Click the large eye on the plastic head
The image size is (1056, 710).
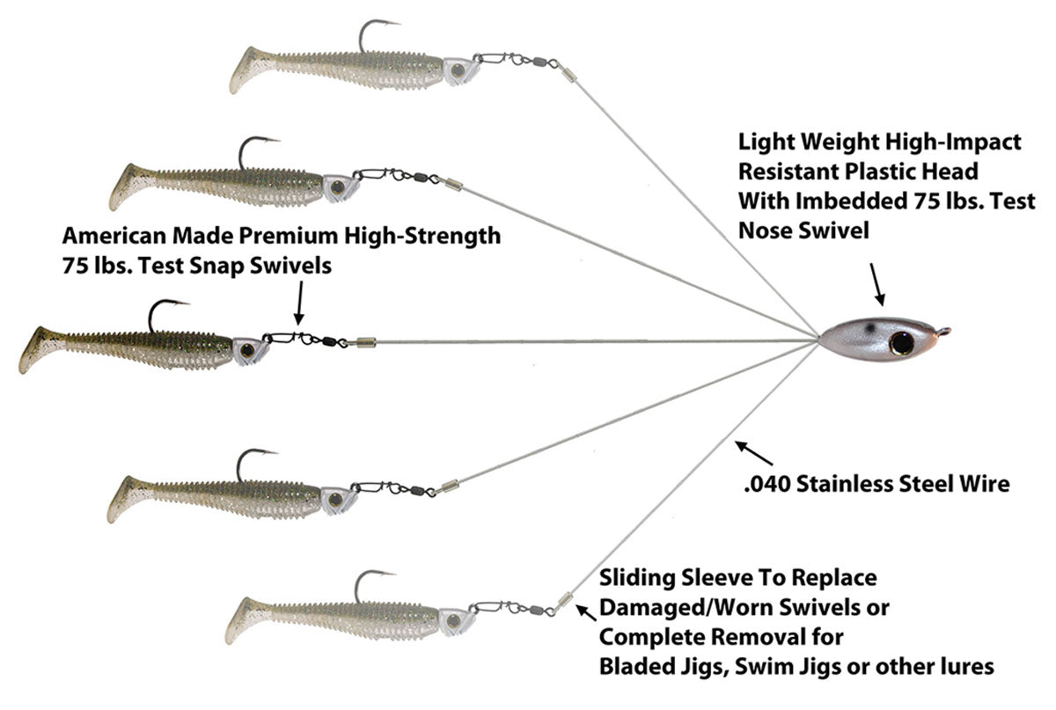point(901,344)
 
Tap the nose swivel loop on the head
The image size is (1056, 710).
point(943,332)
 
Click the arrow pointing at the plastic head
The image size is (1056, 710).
point(877,285)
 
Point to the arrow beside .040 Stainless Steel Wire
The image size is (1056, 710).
point(754,453)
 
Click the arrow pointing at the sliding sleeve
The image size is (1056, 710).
point(586,613)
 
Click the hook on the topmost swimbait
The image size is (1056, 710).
point(378,36)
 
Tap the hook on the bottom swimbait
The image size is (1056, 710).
point(373,587)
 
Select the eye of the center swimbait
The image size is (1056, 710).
point(247,350)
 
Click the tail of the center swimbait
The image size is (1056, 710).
point(42,349)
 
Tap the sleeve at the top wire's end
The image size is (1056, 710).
point(568,75)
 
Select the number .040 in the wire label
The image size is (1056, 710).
point(766,484)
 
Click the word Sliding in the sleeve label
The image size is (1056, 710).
point(638,578)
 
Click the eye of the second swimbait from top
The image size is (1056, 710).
point(338,187)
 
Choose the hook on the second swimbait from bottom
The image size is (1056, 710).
point(256,465)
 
